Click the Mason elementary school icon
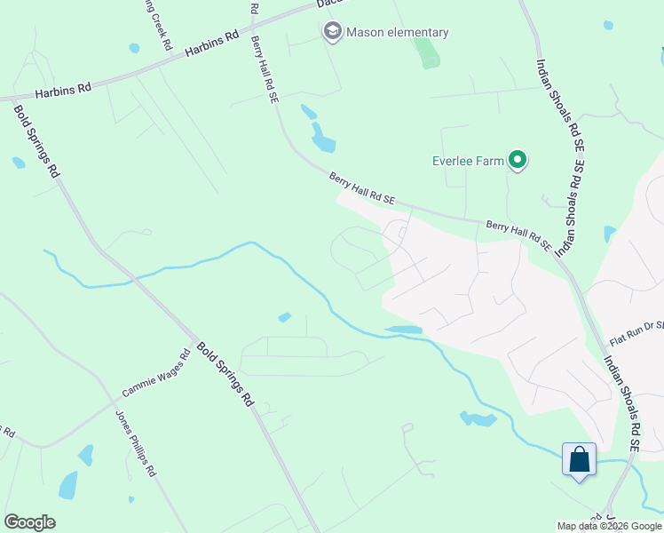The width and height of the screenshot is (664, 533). click(x=333, y=33)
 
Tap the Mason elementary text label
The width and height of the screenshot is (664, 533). click(x=397, y=33)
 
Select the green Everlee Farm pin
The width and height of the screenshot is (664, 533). click(x=518, y=161)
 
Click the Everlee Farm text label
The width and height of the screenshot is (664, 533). click(x=468, y=161)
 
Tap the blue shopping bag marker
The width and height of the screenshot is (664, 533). click(x=579, y=461)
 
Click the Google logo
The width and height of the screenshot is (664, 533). click(x=29, y=522)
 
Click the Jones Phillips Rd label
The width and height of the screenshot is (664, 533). click(x=136, y=443)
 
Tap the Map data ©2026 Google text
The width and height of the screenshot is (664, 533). click(x=608, y=525)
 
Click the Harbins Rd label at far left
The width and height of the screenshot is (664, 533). click(x=63, y=90)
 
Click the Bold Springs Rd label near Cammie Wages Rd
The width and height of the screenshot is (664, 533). click(x=225, y=375)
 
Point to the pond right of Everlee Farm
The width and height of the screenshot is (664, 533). click(x=608, y=235)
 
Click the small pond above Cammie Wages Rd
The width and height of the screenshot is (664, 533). click(x=284, y=317)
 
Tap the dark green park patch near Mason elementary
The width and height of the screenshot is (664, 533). click(x=428, y=53)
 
